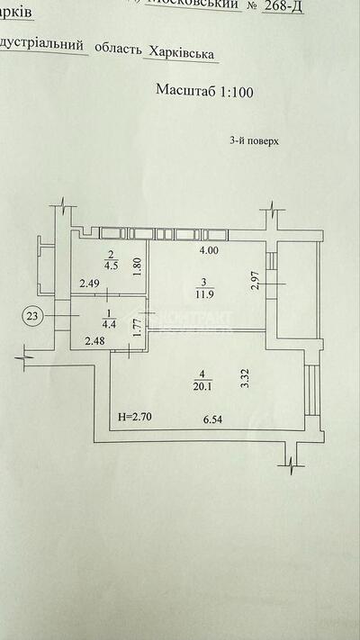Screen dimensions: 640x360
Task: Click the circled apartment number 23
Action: point(32,316)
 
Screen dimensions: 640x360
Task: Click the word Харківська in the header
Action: point(184,54)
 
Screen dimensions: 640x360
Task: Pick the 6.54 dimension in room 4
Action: point(212,418)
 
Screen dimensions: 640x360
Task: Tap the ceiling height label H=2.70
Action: point(137,418)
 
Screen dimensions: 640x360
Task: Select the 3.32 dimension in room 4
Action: point(244,378)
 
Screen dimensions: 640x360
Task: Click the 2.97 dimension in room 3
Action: point(256,280)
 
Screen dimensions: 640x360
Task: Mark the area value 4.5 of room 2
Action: point(112,266)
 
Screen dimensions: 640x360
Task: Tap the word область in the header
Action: point(117,54)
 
